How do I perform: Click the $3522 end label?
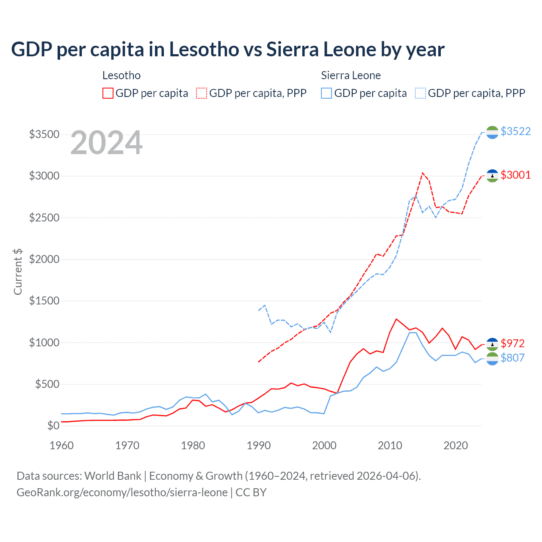tap(515, 132)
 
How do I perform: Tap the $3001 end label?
tap(515, 175)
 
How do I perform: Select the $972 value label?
tap(512, 343)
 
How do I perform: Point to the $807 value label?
tap(512, 358)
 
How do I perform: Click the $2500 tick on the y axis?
tap(44, 218)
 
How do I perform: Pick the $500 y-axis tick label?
tap(47, 384)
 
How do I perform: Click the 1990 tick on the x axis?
tap(259, 445)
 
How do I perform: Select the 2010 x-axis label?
tap(390, 445)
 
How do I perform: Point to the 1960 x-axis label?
tap(62, 445)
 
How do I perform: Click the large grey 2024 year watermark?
tap(106, 143)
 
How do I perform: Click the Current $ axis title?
tap(18, 271)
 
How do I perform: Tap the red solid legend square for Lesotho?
tap(108, 93)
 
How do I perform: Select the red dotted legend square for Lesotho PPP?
tap(202, 93)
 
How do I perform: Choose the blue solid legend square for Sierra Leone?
tap(326, 93)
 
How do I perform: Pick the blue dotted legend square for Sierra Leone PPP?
tap(420, 93)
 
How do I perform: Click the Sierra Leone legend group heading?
tap(351, 75)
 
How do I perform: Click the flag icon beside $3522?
tap(492, 133)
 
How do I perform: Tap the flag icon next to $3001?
tap(492, 176)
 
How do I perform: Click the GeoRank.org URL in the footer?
tap(122, 492)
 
